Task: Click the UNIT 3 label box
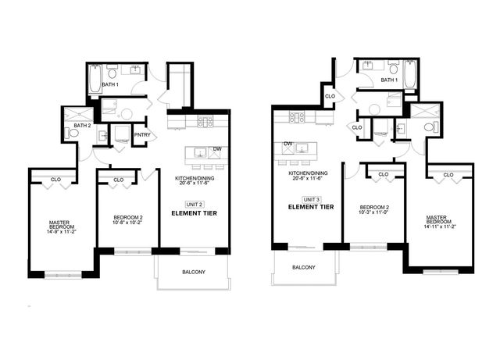click(312, 198)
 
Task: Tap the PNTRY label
click(141, 135)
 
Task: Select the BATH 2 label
click(82, 125)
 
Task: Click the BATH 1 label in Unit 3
click(389, 80)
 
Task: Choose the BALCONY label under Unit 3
click(304, 267)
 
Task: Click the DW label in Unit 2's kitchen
click(216, 149)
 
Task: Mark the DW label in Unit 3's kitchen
click(288, 144)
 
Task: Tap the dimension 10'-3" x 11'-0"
click(373, 212)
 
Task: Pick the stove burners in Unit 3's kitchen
click(297, 117)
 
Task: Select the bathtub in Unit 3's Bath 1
click(411, 77)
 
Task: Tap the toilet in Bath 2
click(74, 133)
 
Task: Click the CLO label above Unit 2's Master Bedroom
click(55, 180)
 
